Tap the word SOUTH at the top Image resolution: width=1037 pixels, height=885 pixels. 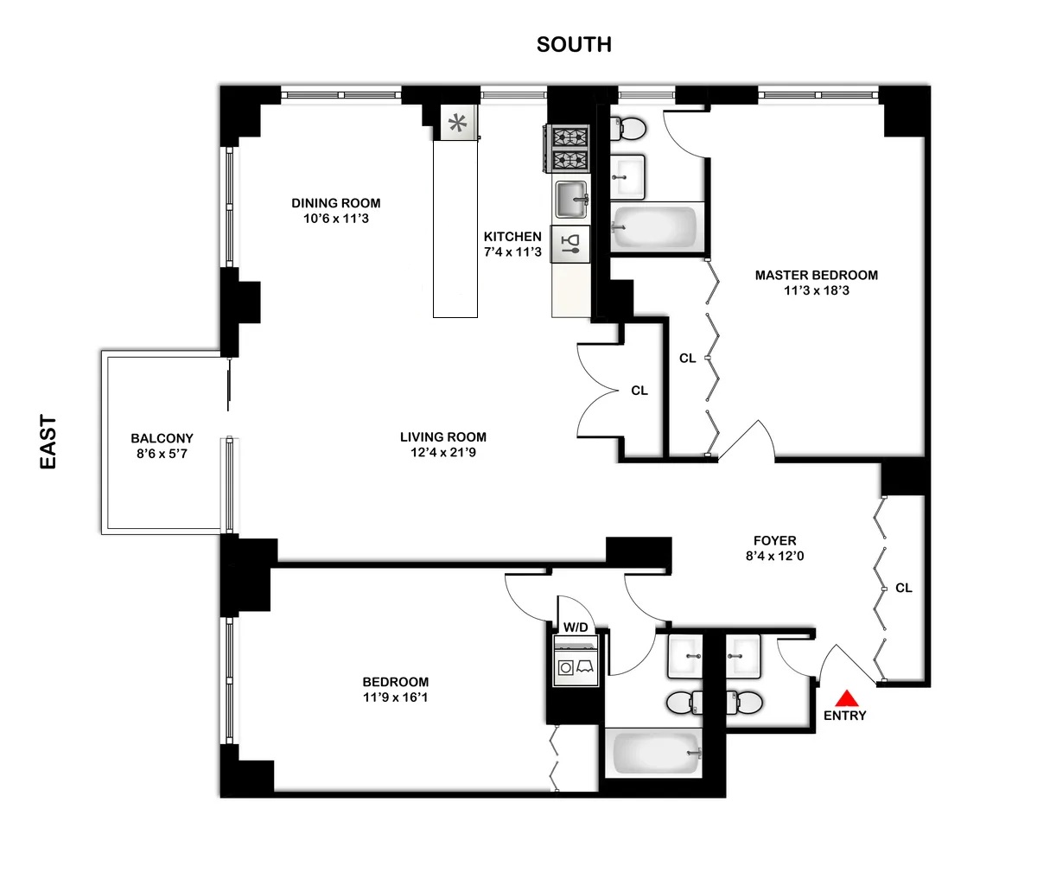(574, 45)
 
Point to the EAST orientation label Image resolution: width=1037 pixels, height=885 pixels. (48, 442)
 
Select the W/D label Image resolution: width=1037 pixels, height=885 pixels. (576, 627)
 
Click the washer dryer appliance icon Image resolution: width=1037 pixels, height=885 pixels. (576, 664)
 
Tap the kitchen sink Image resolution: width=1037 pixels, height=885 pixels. (571, 201)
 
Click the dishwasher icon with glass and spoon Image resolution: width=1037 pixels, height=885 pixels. (571, 244)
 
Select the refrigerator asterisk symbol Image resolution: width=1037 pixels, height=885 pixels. (458, 123)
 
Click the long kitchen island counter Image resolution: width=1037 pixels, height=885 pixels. (455, 229)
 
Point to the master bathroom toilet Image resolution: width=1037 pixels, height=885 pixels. (629, 129)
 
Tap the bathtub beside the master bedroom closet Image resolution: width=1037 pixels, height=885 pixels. (655, 227)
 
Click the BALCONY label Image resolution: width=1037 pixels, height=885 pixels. (162, 438)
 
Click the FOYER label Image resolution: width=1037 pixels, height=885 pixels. (774, 541)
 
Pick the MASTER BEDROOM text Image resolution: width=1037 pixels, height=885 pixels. (816, 275)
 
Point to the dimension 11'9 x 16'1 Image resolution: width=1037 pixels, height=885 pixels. (395, 697)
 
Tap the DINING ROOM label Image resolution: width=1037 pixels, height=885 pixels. (335, 203)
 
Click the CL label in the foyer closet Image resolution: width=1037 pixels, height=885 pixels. (903, 588)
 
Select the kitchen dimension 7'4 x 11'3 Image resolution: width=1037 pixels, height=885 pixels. (512, 252)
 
